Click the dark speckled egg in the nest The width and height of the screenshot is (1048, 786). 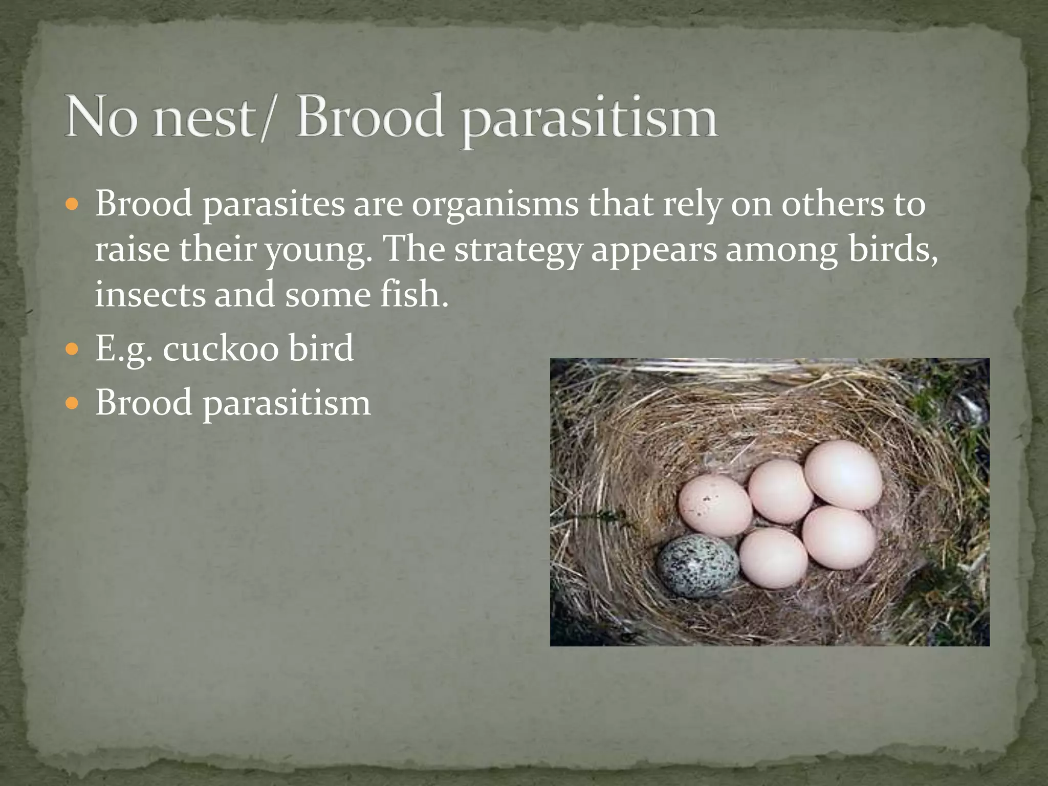click(x=698, y=566)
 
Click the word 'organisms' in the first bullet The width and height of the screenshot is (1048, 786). click(x=495, y=205)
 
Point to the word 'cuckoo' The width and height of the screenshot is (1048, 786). click(x=221, y=348)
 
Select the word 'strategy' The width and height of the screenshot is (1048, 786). click(x=518, y=251)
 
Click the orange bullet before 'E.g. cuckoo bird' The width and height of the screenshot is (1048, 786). click(x=73, y=349)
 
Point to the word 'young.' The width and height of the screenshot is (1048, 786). click(x=319, y=251)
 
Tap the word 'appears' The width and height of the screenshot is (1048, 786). click(x=653, y=251)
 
